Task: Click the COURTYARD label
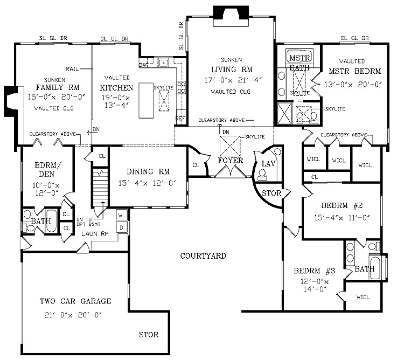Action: pos(203,256)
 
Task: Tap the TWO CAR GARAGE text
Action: pos(75,301)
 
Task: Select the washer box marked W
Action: pos(121,215)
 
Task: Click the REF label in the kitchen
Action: pos(180,119)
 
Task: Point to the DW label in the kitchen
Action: pos(143,65)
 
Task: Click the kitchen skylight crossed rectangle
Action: pos(164,101)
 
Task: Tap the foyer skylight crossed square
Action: pos(230,146)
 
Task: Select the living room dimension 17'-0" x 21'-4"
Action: pos(233,80)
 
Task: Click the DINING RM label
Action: pos(148,171)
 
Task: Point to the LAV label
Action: pos(268,163)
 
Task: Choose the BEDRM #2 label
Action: pos(342,205)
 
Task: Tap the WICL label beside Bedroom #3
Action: pos(363,297)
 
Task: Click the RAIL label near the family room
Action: pos(72,69)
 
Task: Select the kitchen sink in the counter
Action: pos(163,63)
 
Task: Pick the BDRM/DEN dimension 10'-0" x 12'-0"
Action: pos(46,189)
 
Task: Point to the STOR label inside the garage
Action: pos(149,335)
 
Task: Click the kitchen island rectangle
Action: pos(146,100)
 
